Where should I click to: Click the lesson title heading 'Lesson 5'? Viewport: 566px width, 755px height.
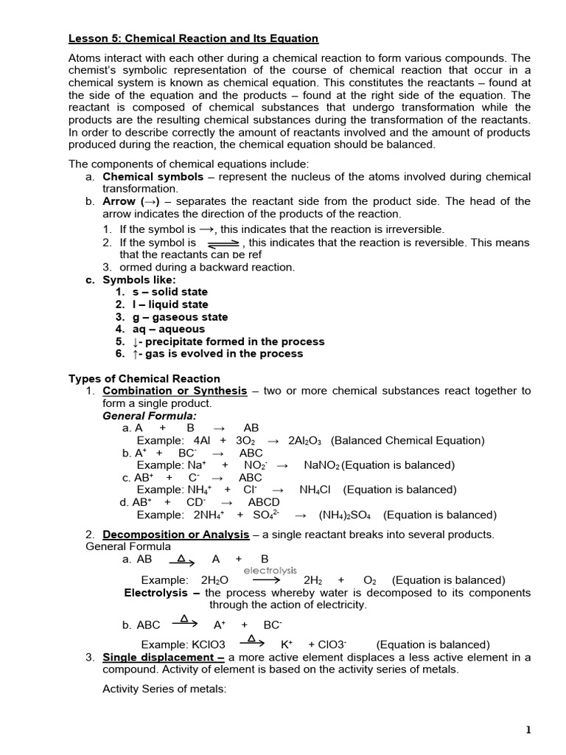point(193,38)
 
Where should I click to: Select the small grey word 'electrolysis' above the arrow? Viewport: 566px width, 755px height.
point(270,570)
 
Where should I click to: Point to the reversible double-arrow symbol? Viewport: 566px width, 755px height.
point(223,243)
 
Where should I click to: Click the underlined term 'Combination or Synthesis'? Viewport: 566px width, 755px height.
point(175,391)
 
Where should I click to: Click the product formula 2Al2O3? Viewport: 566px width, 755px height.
point(307,441)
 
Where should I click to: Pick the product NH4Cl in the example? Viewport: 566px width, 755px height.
point(317,490)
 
